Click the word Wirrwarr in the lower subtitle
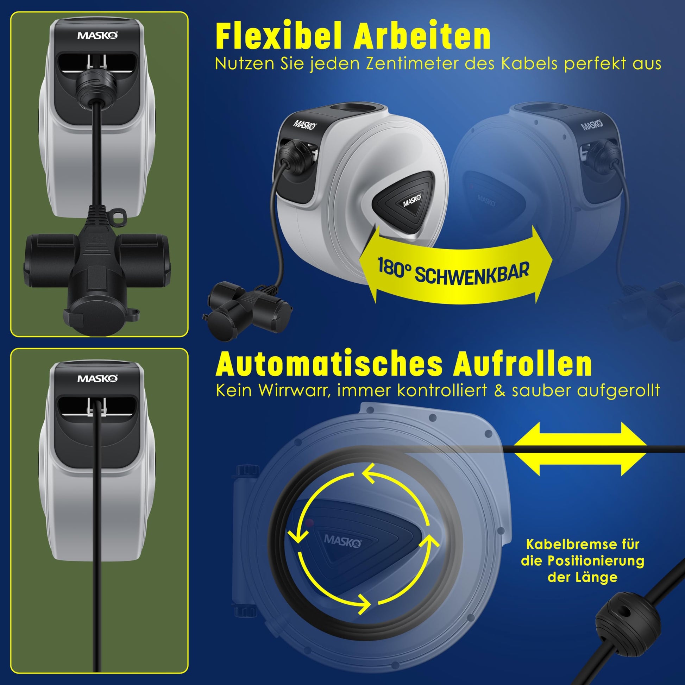coord(294,391)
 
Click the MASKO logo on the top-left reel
coord(98,36)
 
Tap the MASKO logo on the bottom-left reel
coord(98,379)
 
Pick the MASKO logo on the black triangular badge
coord(412,201)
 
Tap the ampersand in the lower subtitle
coord(500,391)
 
